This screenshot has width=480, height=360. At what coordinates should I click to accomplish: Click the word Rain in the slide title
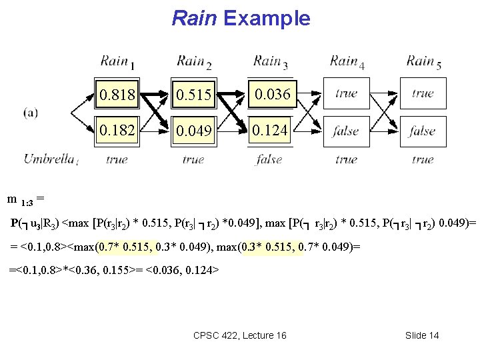[195, 18]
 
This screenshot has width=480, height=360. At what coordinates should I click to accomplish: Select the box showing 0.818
[117, 95]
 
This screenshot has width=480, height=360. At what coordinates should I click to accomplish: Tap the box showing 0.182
[117, 130]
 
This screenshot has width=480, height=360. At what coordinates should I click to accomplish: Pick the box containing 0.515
[193, 95]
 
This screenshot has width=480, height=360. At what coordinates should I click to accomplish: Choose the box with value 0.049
[193, 131]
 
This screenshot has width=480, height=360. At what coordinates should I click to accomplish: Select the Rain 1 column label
[117, 62]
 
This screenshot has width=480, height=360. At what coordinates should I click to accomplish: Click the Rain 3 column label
[271, 62]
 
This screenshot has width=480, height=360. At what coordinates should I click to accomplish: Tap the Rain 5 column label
[424, 62]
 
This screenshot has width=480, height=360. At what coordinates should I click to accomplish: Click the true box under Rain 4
[345, 94]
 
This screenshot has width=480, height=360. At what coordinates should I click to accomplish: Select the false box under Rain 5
[422, 131]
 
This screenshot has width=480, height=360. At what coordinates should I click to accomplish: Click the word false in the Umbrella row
[269, 159]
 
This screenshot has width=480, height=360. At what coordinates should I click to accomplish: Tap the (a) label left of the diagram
[30, 112]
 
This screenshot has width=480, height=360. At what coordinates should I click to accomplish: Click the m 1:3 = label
[25, 199]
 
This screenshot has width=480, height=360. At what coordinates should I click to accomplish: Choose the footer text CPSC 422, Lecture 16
[239, 335]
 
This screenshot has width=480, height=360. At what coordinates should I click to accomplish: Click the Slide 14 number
[422, 335]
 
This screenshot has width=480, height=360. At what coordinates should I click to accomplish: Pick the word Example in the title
[267, 18]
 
